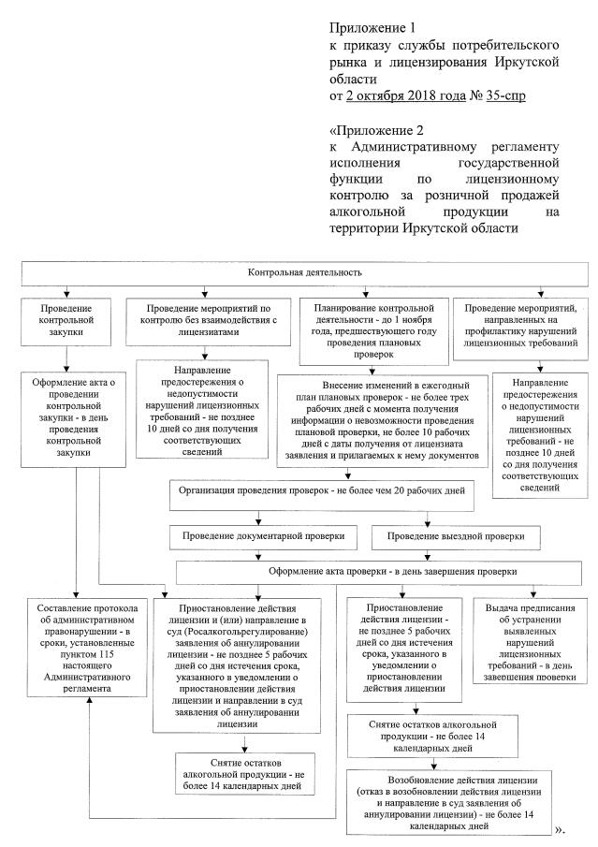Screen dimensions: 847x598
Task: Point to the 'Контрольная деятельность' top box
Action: tap(299, 272)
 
